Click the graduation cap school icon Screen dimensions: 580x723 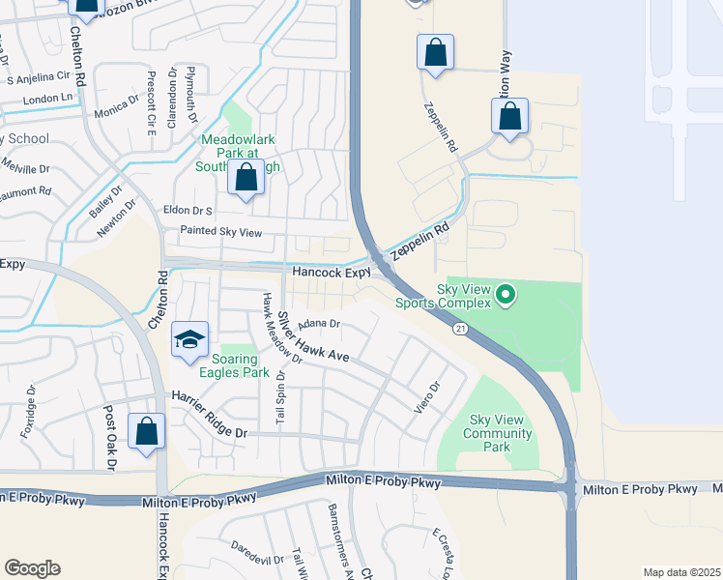pos(190,338)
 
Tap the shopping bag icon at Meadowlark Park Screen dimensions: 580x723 pos(246,179)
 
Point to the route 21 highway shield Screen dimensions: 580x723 pos(462,329)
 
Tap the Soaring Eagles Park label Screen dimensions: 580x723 pos(234,365)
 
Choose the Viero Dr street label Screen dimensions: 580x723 pos(427,397)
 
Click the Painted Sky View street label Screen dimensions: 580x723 pos(221,232)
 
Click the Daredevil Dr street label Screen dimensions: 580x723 pos(254,547)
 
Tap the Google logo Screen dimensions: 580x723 pos(32,568)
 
